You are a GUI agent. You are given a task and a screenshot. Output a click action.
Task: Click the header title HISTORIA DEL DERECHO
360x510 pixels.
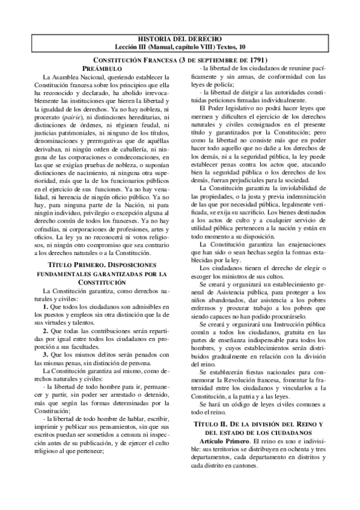coord(180,38)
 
